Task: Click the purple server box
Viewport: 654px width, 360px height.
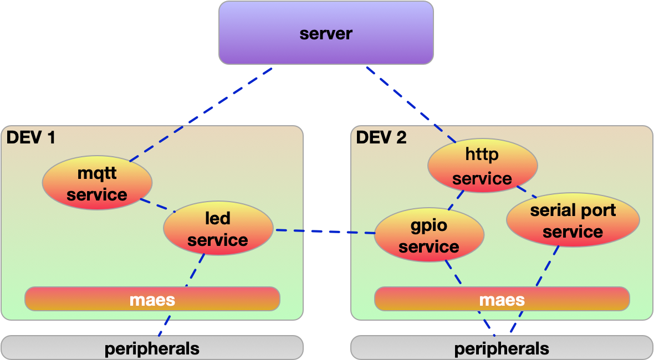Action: pos(326,33)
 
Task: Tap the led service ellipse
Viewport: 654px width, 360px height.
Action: pos(218,229)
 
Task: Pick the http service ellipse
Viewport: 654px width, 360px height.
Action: pos(482,166)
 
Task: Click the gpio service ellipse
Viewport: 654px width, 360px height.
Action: pos(429,236)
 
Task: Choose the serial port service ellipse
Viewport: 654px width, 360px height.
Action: pos(573,220)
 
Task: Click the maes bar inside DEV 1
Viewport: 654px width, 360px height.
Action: pos(152,299)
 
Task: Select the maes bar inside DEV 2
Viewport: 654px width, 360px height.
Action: pos(502,299)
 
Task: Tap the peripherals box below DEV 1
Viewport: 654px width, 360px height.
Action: pos(152,348)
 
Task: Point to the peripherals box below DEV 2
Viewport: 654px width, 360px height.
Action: pos(502,348)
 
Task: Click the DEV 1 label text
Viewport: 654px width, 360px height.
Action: pos(31,137)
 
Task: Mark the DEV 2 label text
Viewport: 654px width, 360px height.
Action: pos(381,137)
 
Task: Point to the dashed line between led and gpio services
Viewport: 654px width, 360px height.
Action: pos(324,232)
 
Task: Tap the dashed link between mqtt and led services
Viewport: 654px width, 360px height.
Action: pos(157,205)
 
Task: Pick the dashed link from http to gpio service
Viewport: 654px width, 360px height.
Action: pos(456,201)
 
